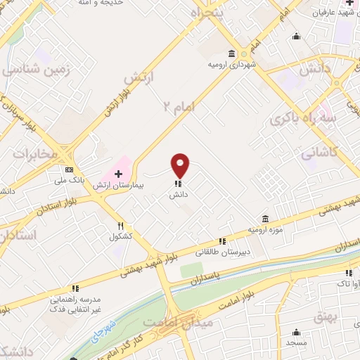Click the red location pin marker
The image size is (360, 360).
[181, 165]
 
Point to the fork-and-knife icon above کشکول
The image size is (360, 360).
[120, 226]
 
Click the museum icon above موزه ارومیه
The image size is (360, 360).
[265, 219]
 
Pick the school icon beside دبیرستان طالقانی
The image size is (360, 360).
[222, 241]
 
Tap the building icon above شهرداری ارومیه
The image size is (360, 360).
[232, 53]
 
